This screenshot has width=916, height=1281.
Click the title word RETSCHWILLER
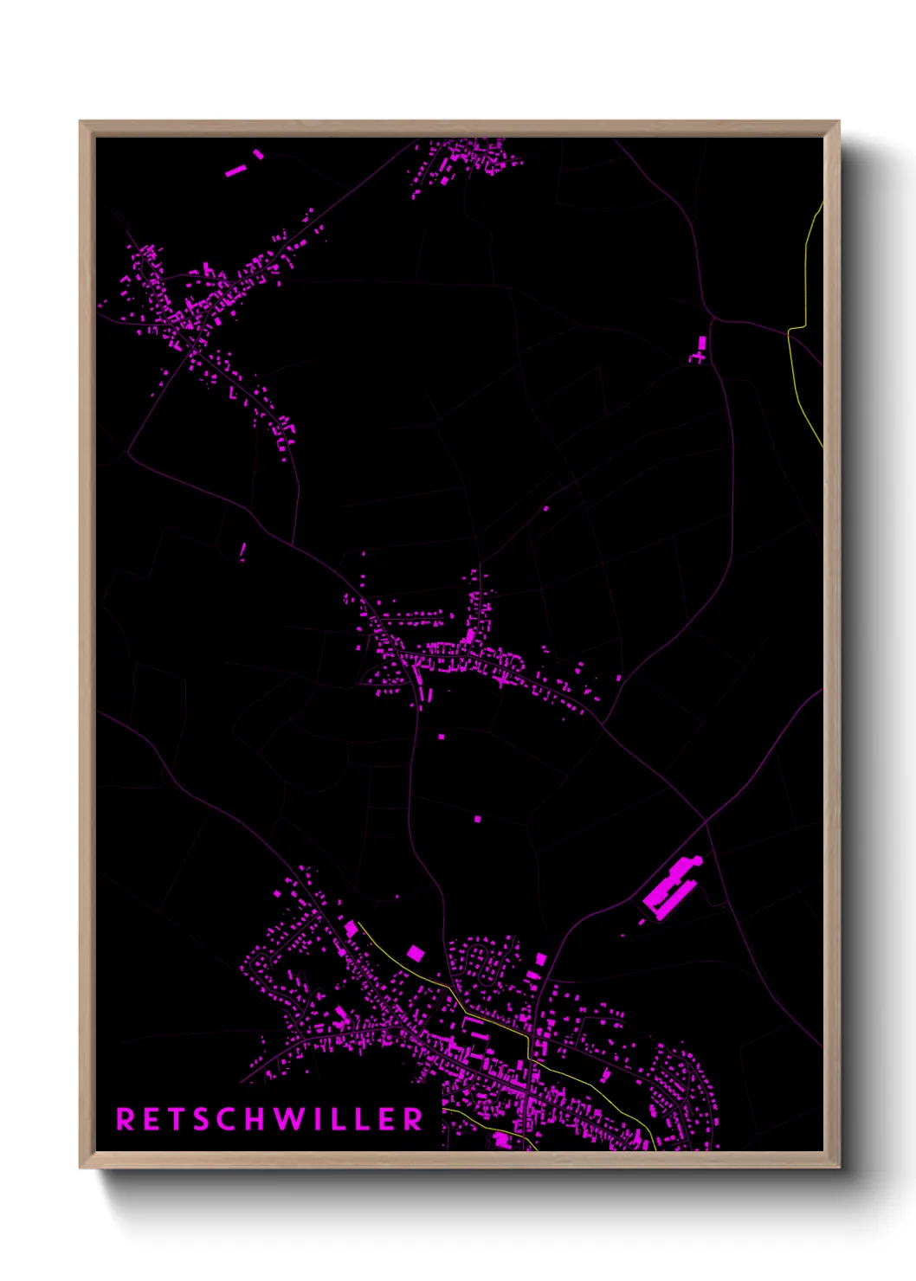click(269, 1119)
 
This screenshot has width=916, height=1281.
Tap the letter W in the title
click(290, 1119)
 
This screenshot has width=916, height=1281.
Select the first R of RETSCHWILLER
click(125, 1119)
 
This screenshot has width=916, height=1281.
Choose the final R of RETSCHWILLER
click(413, 1119)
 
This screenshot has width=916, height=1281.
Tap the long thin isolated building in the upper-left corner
click(235, 171)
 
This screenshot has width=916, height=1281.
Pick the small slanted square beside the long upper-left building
click(258, 154)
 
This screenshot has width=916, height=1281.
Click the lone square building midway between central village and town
click(477, 818)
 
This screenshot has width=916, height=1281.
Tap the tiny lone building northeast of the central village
click(546, 508)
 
